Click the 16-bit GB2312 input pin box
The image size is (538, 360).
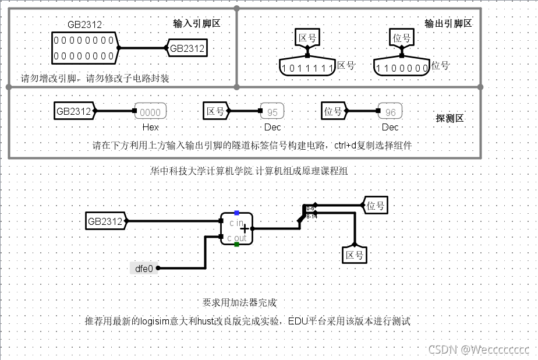click(84, 48)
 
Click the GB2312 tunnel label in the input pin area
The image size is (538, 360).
click(187, 48)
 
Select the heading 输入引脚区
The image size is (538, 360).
click(197, 24)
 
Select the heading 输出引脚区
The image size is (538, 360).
click(448, 23)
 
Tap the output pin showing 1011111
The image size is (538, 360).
click(307, 68)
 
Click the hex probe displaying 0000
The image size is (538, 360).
click(150, 112)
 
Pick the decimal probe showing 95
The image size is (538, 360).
click(272, 112)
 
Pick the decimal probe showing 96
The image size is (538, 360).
click(390, 112)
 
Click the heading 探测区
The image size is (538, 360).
click(449, 118)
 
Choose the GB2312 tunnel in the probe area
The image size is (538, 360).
click(74, 111)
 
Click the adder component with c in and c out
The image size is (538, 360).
click(236, 229)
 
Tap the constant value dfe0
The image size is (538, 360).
click(143, 268)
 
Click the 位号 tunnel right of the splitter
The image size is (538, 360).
click(376, 205)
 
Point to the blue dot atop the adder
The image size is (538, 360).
click(236, 213)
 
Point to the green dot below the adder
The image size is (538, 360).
click(236, 245)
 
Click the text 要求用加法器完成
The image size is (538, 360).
click(239, 303)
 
